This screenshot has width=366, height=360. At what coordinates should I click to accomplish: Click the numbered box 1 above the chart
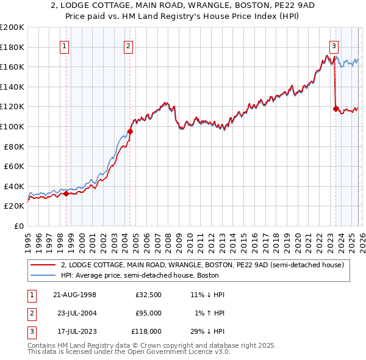pos(65,45)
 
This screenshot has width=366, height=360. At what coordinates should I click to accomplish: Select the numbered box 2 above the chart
pos(128,45)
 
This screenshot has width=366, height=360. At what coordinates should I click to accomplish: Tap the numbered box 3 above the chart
pos(334,45)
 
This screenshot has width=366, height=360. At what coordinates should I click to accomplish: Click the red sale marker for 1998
pos(66,194)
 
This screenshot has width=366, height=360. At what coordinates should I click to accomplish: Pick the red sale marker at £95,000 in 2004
pos(130,131)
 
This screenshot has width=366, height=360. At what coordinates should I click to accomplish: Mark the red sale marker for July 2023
pos(335,109)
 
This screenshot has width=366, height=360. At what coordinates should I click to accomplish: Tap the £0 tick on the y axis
pos(18,226)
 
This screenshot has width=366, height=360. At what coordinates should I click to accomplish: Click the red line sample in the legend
pos(43,265)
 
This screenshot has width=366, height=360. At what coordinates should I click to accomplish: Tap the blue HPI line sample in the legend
pos(43,275)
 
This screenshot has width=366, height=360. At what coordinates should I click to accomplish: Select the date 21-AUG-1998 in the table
pos(74,295)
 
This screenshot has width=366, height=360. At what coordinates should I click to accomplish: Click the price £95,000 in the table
pos(148,313)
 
